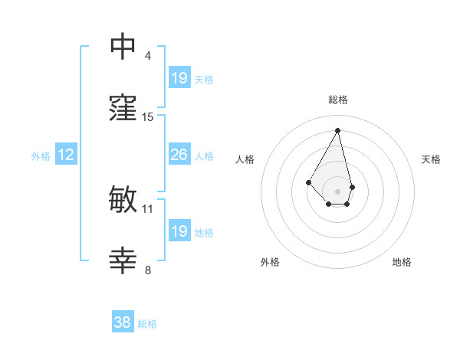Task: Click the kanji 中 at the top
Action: point(123,47)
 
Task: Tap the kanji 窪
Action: point(123,109)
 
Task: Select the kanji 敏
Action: point(123,200)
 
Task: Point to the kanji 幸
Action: point(123,261)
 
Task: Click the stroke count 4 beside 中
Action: point(148,56)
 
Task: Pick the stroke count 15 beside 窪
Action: point(148,117)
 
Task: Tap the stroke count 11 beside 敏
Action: point(148,208)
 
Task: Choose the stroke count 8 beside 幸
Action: point(148,270)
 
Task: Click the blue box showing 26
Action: point(179,155)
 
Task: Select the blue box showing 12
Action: point(66,155)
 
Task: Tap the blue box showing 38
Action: point(123,322)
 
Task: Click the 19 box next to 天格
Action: point(179,78)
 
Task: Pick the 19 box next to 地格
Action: point(179,231)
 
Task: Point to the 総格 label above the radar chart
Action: point(338,100)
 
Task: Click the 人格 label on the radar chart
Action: point(245,159)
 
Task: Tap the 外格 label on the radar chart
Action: point(270,262)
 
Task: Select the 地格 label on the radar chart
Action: point(402,262)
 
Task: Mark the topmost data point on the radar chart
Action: point(338,130)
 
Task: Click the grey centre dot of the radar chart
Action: point(337,191)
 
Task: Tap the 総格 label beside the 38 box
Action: point(147,324)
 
